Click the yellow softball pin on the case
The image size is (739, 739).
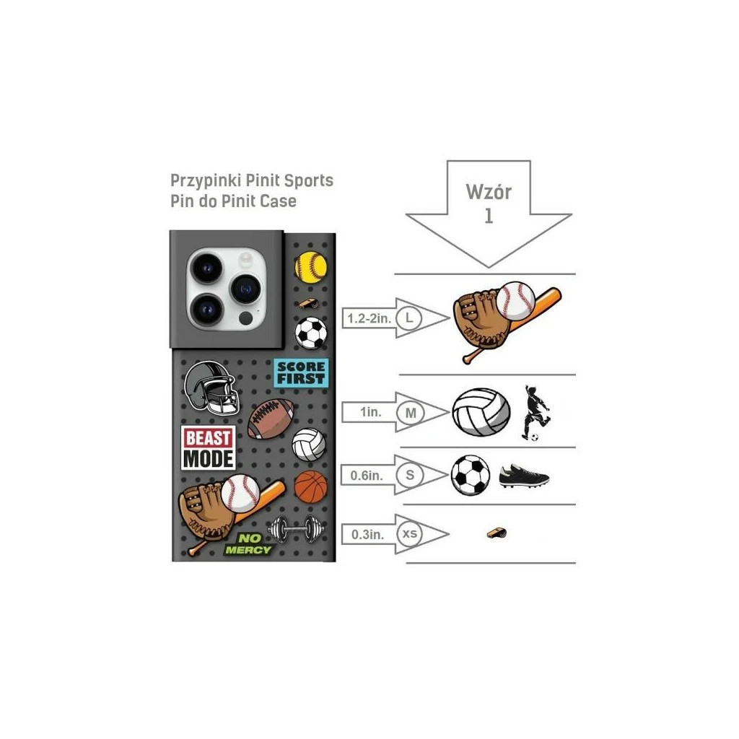click(x=310, y=267)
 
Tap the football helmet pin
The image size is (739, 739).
click(x=211, y=388)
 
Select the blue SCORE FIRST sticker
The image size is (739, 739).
click(x=301, y=372)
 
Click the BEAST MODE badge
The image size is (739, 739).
click(x=209, y=448)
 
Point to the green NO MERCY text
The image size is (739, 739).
click(x=248, y=544)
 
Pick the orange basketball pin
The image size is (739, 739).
click(x=310, y=486)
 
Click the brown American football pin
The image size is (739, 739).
click(x=271, y=419)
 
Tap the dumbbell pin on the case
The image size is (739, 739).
click(x=296, y=529)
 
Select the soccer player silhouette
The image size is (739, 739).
click(x=536, y=413)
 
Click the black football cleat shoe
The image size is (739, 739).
click(x=524, y=476)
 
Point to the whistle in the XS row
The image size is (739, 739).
click(x=497, y=533)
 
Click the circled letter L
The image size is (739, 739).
click(x=409, y=318)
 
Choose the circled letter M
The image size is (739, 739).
click(x=411, y=413)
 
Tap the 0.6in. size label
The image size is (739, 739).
click(x=366, y=476)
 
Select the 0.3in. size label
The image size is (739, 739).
click(x=367, y=535)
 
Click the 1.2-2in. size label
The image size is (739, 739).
click(x=369, y=318)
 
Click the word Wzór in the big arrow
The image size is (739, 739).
click(x=489, y=192)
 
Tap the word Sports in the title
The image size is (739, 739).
click(x=309, y=180)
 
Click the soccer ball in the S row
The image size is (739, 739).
click(x=471, y=475)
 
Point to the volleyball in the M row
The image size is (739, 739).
click(x=481, y=412)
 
